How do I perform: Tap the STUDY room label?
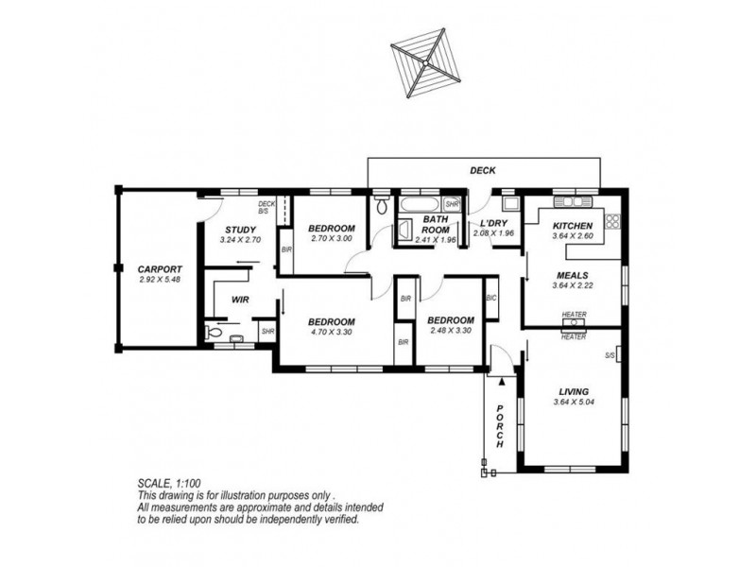242,230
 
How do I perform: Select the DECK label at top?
484,171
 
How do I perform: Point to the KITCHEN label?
573,226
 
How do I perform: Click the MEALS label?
573,276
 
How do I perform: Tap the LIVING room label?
574,391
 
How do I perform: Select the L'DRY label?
495,224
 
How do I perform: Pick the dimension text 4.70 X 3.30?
332,333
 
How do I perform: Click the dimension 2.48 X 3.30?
450,333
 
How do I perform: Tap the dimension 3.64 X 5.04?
574,404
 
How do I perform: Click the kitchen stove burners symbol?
611,223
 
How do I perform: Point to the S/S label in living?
610,355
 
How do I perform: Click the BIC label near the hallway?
490,299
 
